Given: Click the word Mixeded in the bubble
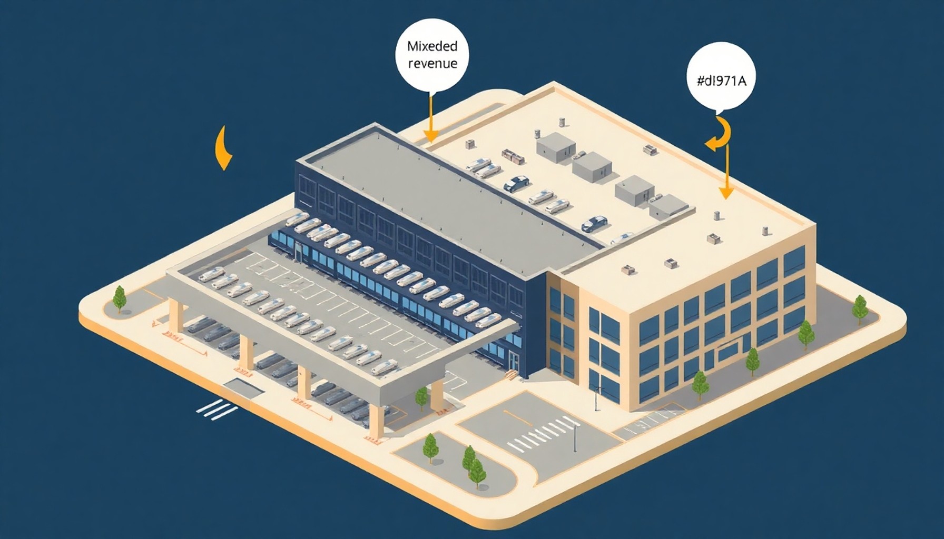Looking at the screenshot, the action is click(x=432, y=46).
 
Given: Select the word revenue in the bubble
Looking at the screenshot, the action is click(x=432, y=64).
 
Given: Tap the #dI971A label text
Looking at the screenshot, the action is click(x=721, y=81).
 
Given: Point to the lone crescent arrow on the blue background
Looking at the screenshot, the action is click(x=224, y=148).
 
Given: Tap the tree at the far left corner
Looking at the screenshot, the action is click(x=120, y=299).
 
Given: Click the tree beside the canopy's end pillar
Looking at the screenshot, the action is click(x=421, y=397).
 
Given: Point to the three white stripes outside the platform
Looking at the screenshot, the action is click(x=217, y=409).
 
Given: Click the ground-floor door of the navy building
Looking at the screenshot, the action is click(x=514, y=363).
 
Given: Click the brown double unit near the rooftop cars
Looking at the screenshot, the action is click(x=513, y=156).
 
